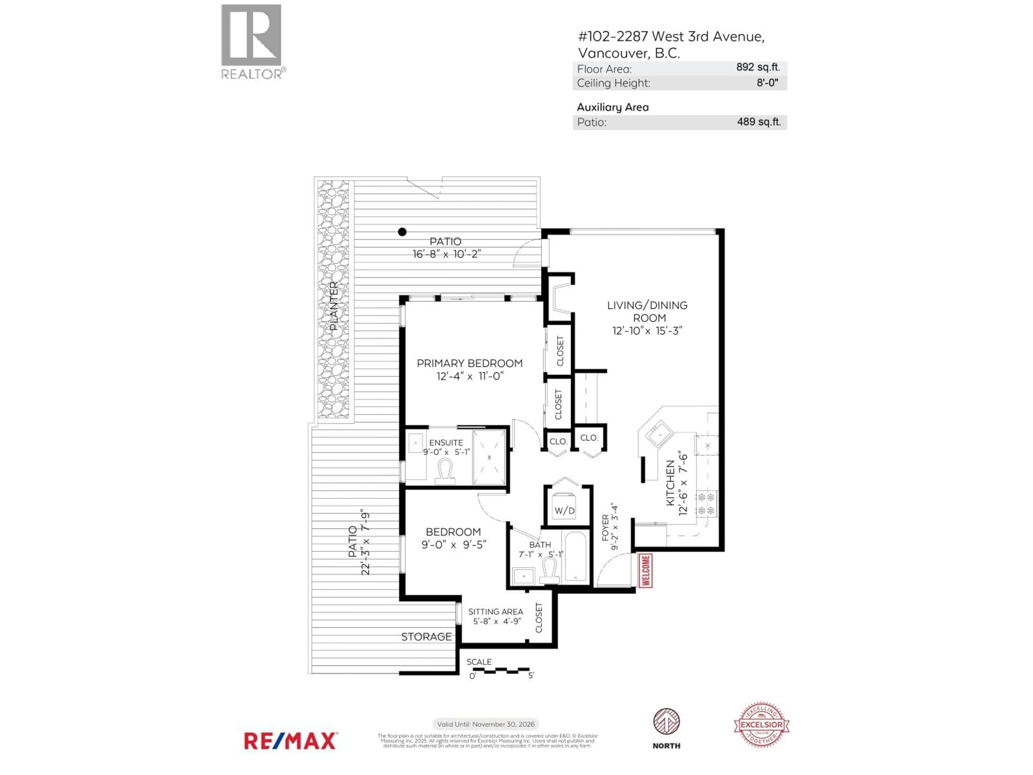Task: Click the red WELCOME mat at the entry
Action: [x=646, y=570]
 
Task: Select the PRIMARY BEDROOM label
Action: [x=469, y=363]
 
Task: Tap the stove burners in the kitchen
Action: [x=706, y=503]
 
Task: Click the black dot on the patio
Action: [x=402, y=232]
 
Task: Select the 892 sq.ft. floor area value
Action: [x=758, y=67]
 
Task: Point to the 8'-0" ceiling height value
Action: [x=767, y=83]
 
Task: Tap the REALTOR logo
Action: [x=252, y=42]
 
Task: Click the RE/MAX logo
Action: [x=290, y=741]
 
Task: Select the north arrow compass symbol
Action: [x=666, y=722]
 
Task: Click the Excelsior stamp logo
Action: [x=762, y=725]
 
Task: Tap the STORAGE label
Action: [x=426, y=637]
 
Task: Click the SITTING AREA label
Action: [x=496, y=611]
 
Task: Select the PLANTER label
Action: [x=333, y=306]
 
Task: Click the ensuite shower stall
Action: [x=489, y=457]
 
